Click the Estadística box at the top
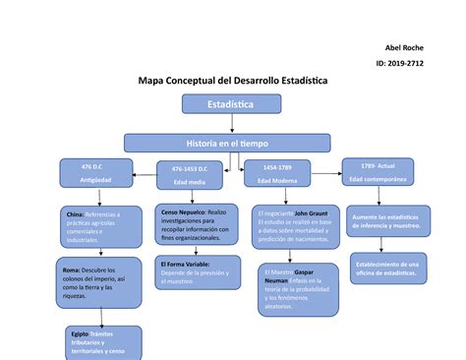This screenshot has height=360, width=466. [231, 102]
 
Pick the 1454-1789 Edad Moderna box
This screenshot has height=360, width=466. [281, 175]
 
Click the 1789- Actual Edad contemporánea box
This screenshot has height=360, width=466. [378, 172]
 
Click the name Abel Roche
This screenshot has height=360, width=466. [406, 48]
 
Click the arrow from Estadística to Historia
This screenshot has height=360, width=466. [231, 122]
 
